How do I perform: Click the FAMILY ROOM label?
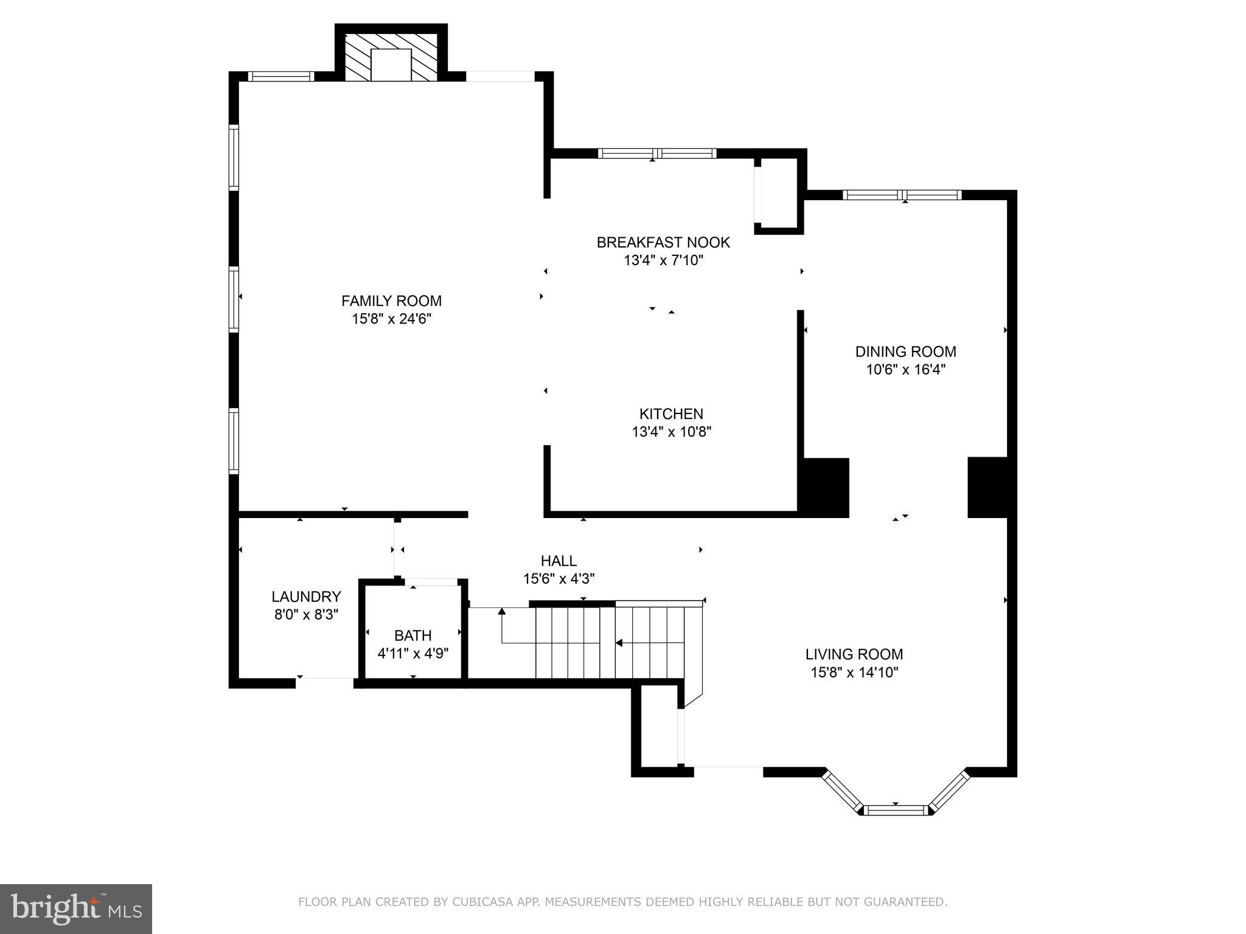(x=391, y=300)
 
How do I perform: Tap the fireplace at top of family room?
(x=391, y=58)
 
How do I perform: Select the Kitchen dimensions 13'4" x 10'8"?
(x=671, y=432)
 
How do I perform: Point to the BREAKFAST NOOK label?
(x=663, y=242)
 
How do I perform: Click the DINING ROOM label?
(x=905, y=351)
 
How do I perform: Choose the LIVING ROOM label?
(x=854, y=654)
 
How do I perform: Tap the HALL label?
(x=559, y=561)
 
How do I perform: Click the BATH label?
(x=412, y=635)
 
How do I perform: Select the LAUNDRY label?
(x=306, y=597)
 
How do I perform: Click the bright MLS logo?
(x=76, y=908)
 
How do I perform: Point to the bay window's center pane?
(x=896, y=810)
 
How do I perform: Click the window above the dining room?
(x=902, y=195)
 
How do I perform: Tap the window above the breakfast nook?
(x=657, y=153)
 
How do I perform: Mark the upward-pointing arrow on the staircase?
(x=502, y=612)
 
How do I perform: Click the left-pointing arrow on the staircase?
(x=619, y=642)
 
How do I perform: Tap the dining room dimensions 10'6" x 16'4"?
(x=905, y=370)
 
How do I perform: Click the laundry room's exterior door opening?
(x=325, y=683)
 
